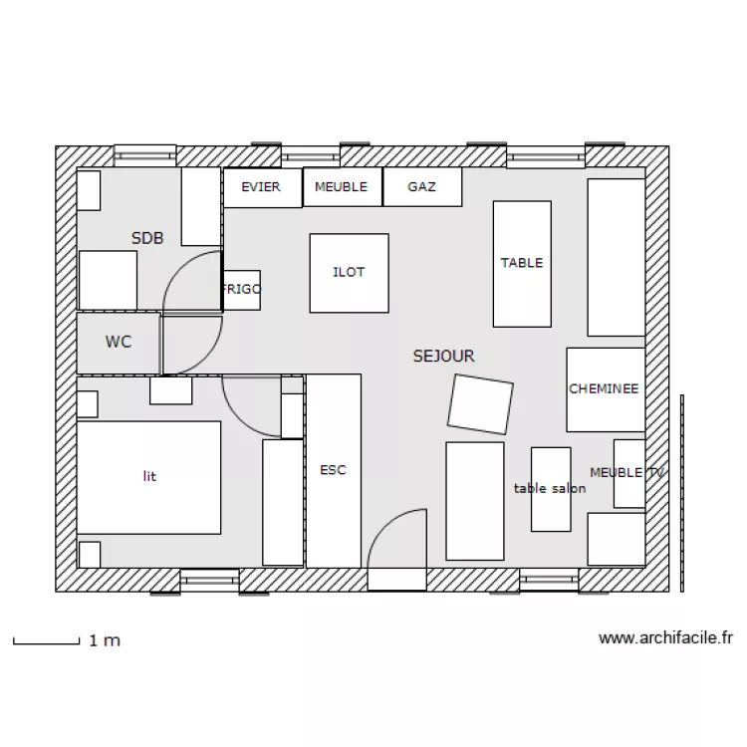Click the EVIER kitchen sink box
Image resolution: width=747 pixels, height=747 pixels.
pos(263,187)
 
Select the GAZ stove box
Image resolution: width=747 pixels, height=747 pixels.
pos(422,187)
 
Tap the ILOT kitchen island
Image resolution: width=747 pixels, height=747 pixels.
pos(350,273)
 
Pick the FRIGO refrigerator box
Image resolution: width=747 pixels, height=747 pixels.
pos(242,290)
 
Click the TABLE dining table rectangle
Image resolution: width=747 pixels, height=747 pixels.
pos(522,264)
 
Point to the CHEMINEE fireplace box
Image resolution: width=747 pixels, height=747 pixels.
pos(606,389)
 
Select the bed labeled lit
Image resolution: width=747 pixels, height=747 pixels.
pos(148,477)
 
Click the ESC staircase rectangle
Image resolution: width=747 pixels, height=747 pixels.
pos(334,471)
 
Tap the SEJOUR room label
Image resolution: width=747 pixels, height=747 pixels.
pos(443,356)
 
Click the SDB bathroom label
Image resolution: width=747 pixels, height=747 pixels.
pos(147,238)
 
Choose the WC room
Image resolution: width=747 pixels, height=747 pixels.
pos(119,343)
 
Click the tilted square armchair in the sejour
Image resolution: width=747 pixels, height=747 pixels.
pos(480,404)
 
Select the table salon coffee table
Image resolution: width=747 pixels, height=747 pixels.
pos(551,489)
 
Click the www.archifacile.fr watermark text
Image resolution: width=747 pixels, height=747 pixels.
pos(665,637)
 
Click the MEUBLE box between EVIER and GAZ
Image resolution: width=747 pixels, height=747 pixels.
pos(343,187)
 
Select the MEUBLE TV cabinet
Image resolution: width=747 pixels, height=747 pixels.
pos(629,473)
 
